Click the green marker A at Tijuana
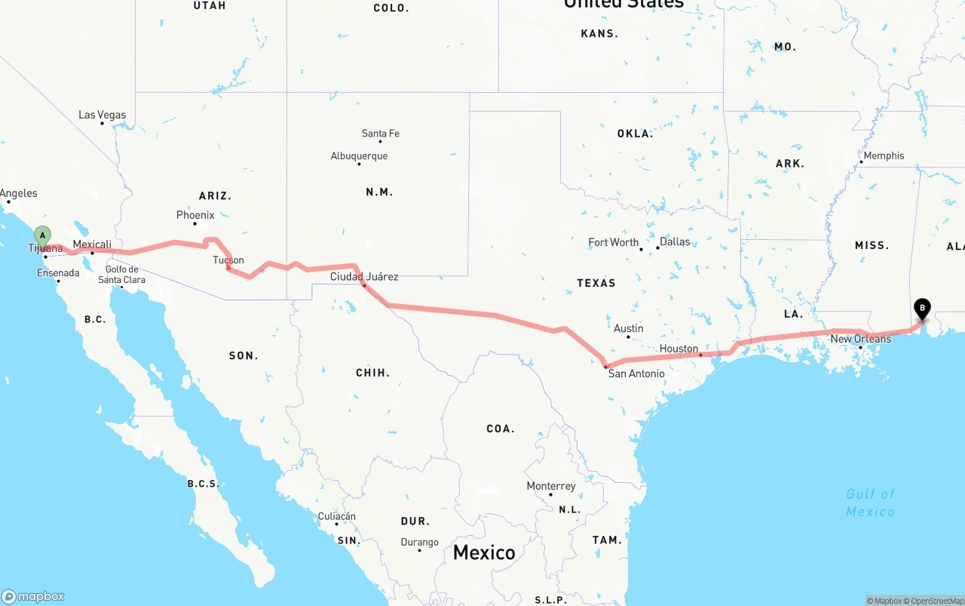pyautogui.click(x=42, y=235)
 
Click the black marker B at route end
pyautogui.click(x=921, y=309)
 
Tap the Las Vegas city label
pyautogui.click(x=103, y=115)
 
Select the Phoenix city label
pyautogui.click(x=195, y=215)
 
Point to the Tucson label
pyautogui.click(x=228, y=260)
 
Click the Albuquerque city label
pyautogui.click(x=360, y=156)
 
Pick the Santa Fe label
pyautogui.click(x=381, y=134)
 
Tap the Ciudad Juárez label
pyautogui.click(x=364, y=277)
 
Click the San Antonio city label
pyautogui.click(x=636, y=374)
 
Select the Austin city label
pyautogui.click(x=629, y=328)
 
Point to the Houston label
pyautogui.click(x=679, y=349)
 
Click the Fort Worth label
pyautogui.click(x=614, y=242)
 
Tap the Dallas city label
pyautogui.click(x=675, y=242)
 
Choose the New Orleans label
pyautogui.click(x=861, y=339)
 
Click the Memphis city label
pyautogui.click(x=884, y=155)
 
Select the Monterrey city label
pyautogui.click(x=551, y=486)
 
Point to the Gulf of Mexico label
pyautogui.click(x=870, y=503)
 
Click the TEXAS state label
pyautogui.click(x=596, y=283)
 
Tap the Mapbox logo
pyautogui.click(x=33, y=596)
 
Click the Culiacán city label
pyautogui.click(x=336, y=517)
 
